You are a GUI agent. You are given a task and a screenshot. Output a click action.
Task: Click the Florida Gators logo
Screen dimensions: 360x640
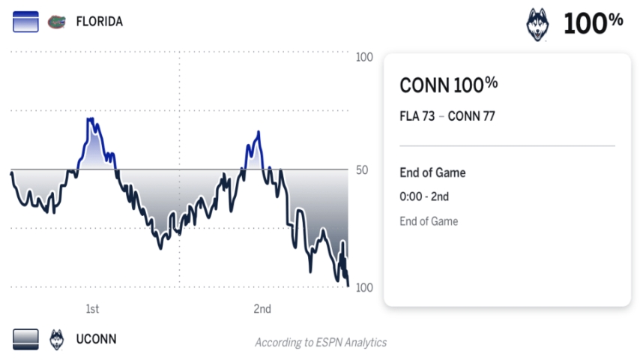point(56,22)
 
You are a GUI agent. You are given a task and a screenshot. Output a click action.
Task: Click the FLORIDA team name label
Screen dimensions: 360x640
point(99,22)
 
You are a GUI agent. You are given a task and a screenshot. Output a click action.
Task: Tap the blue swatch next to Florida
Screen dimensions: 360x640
point(25,22)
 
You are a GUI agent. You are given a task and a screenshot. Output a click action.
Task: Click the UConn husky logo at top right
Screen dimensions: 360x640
point(538,23)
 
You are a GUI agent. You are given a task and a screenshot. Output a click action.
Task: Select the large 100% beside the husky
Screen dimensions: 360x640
point(593,23)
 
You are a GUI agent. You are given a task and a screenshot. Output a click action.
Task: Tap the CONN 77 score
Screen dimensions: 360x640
point(471,116)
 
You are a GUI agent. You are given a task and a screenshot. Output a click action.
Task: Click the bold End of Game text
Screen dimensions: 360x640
point(432,172)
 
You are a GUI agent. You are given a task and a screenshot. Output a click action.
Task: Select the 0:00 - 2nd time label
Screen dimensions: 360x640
point(424,197)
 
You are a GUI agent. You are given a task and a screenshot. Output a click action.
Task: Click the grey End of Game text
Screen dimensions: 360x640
point(429,221)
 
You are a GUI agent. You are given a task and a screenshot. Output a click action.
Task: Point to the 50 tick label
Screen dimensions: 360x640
point(362,170)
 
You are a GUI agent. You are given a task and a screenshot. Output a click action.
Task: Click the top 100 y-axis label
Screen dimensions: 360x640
point(364,58)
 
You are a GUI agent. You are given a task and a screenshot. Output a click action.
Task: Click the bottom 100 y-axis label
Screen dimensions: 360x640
point(364,288)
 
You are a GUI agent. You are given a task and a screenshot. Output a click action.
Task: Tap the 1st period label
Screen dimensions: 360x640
point(92,309)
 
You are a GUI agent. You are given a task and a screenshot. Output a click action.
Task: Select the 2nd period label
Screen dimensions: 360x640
point(262,309)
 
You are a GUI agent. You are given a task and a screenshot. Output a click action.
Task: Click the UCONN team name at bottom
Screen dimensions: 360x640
point(96,339)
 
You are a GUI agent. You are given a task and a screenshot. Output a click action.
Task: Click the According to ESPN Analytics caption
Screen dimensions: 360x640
point(321,343)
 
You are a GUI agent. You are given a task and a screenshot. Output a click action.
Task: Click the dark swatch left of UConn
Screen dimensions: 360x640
point(25,339)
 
